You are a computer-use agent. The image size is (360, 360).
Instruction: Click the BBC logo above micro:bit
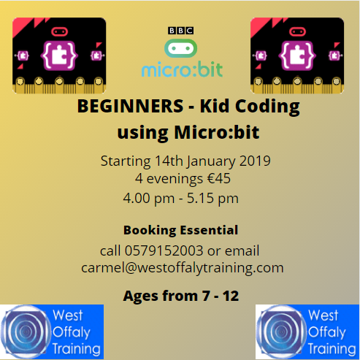click(180, 31)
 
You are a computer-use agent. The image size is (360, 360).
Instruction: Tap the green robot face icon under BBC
click(180, 48)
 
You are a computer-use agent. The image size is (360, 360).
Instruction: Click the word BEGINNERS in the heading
click(130, 106)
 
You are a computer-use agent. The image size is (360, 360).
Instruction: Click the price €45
click(218, 179)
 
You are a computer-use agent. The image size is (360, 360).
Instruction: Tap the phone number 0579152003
click(164, 250)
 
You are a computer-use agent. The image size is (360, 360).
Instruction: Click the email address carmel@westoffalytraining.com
click(183, 268)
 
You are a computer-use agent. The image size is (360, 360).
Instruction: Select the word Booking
click(150, 230)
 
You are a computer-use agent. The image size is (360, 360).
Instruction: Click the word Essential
click(209, 230)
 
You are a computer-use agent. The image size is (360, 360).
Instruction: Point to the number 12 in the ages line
click(231, 296)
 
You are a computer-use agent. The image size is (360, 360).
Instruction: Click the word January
click(211, 162)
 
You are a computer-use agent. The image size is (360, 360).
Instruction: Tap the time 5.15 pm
click(212, 199)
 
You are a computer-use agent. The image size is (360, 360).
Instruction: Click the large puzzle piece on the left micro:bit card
click(59, 55)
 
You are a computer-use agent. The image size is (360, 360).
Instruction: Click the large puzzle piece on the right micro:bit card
click(297, 55)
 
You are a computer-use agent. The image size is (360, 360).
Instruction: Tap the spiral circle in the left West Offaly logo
click(26, 332)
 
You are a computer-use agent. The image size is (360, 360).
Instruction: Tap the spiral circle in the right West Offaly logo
click(281, 332)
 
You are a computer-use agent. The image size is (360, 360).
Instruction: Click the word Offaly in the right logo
click(326, 332)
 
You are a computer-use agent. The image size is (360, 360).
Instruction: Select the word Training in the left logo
click(77, 349)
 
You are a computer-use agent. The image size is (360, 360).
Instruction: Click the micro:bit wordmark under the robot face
click(182, 69)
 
